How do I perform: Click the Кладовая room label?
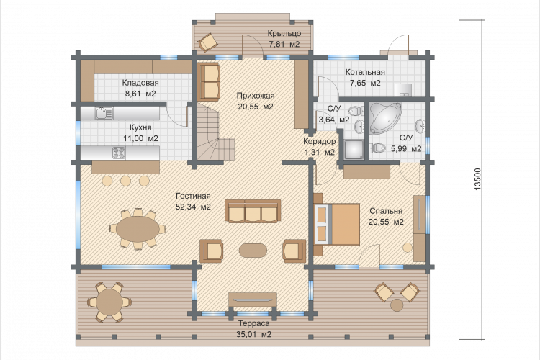point(140,83)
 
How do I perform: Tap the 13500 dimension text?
point(477,179)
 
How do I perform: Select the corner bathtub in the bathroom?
point(385,117)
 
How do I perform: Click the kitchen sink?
point(104,113)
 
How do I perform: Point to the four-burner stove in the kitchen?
point(119,153)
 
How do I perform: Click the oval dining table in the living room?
point(138,228)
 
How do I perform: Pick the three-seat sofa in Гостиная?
point(253,211)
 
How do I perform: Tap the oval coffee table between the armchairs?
point(253,250)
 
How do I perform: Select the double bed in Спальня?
point(337,224)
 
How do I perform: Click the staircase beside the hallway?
point(212,132)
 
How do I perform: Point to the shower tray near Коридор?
point(353,150)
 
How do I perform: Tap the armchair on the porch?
point(207,42)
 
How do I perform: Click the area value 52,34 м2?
point(193,207)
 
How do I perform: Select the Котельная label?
point(365,72)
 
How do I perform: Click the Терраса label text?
point(254,324)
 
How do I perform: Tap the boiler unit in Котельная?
point(403,89)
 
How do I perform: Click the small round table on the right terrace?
point(397,305)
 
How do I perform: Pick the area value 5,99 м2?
point(406,149)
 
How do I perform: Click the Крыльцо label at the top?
point(284,33)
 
